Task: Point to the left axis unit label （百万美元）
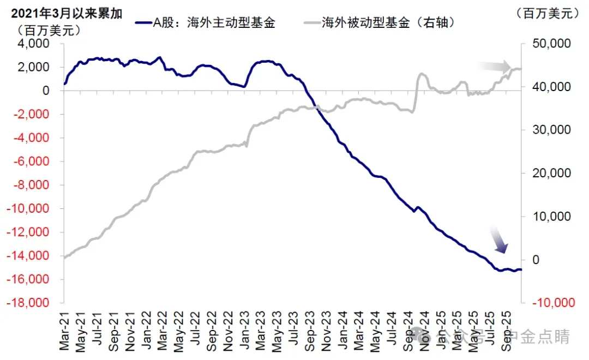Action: [x=50, y=30]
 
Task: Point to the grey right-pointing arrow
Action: [x=495, y=67]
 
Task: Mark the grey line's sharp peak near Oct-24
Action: [x=421, y=74]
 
